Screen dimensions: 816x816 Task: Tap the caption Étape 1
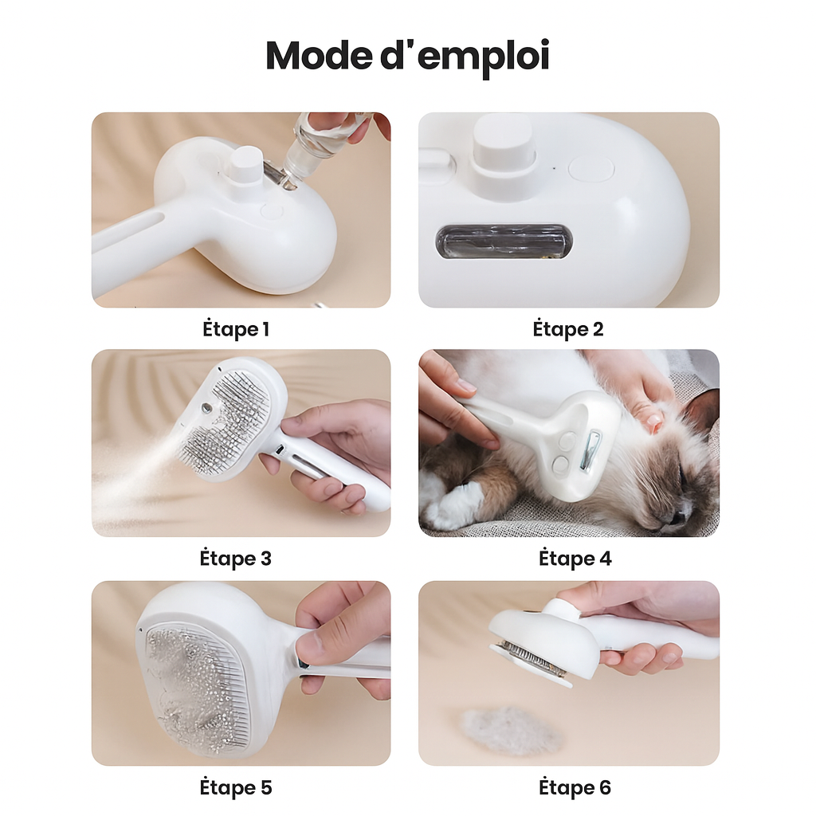coord(236,329)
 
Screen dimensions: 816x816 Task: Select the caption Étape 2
coord(567,329)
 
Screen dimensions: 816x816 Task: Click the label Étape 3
coord(235,559)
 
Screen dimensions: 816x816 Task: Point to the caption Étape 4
coord(575,559)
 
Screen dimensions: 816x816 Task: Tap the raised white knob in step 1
coord(246,166)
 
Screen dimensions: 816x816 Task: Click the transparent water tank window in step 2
coord(504,242)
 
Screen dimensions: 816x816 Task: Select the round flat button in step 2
coord(591,169)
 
